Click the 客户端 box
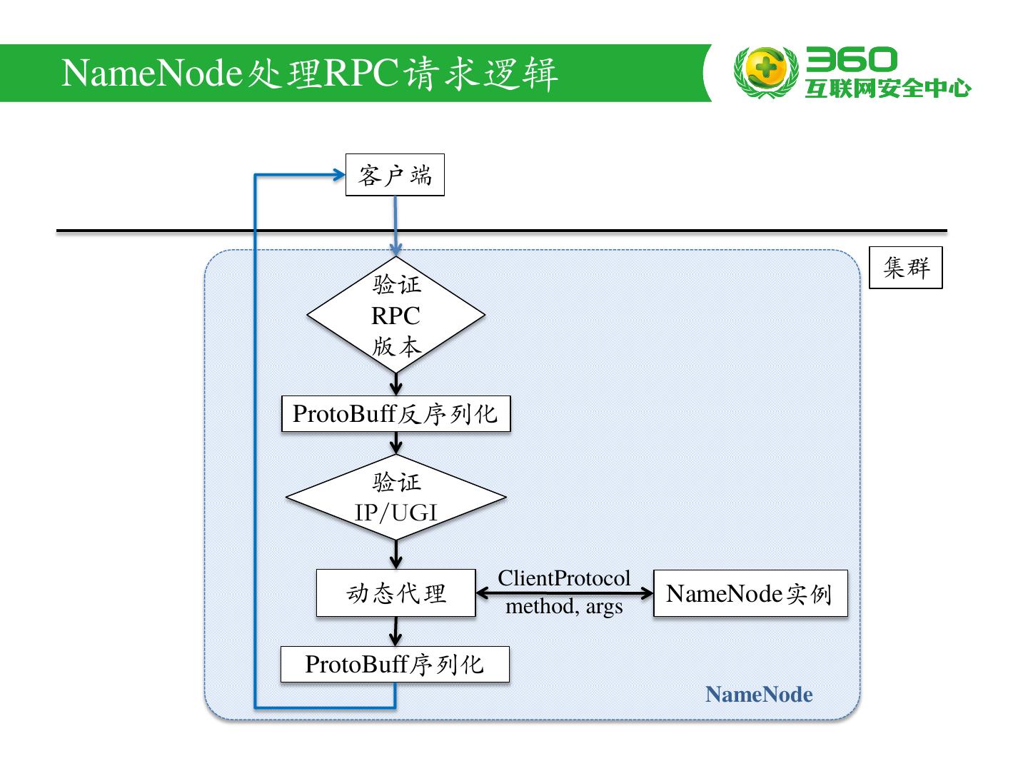coord(395,175)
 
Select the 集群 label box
coord(905,268)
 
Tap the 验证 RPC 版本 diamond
coord(395,315)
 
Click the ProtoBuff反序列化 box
coord(395,414)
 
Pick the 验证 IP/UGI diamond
coord(395,498)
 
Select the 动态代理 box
coord(395,593)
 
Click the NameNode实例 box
coord(750,593)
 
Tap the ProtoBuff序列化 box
coord(394,665)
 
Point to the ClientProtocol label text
coord(564,578)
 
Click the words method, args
coord(564,607)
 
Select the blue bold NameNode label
coord(759,695)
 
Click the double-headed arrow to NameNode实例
coord(564,593)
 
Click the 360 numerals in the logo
coord(851,60)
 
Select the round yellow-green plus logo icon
coord(765,71)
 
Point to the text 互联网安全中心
coord(888,89)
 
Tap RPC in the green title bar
coord(361,73)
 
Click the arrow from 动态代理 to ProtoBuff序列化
coord(395,631)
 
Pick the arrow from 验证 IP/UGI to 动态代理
coord(395,555)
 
